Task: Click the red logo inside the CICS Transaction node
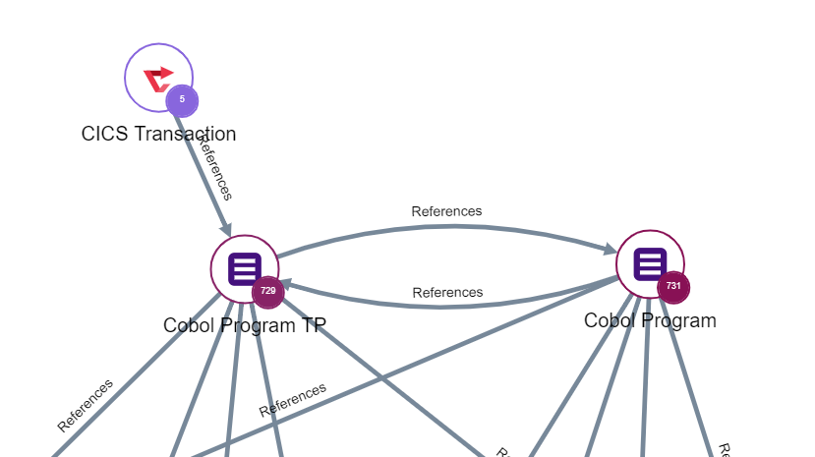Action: pyautogui.click(x=157, y=79)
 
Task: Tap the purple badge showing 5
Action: pyautogui.click(x=182, y=99)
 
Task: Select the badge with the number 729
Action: pyautogui.click(x=267, y=291)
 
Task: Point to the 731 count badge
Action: pyautogui.click(x=673, y=287)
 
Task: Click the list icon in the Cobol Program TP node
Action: pyautogui.click(x=244, y=268)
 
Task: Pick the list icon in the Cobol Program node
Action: pyautogui.click(x=650, y=263)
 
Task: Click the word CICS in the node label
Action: pyautogui.click(x=104, y=134)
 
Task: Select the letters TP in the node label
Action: pyautogui.click(x=314, y=325)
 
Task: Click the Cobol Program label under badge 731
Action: pyautogui.click(x=650, y=320)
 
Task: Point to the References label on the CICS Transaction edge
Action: pyautogui.click(x=214, y=167)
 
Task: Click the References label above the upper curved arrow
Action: pyautogui.click(x=446, y=210)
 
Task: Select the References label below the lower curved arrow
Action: pyautogui.click(x=447, y=292)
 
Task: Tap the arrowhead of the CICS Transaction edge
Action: pyautogui.click(x=225, y=230)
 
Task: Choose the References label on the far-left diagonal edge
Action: pyautogui.click(x=85, y=405)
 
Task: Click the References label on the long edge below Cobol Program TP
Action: pyautogui.click(x=293, y=399)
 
